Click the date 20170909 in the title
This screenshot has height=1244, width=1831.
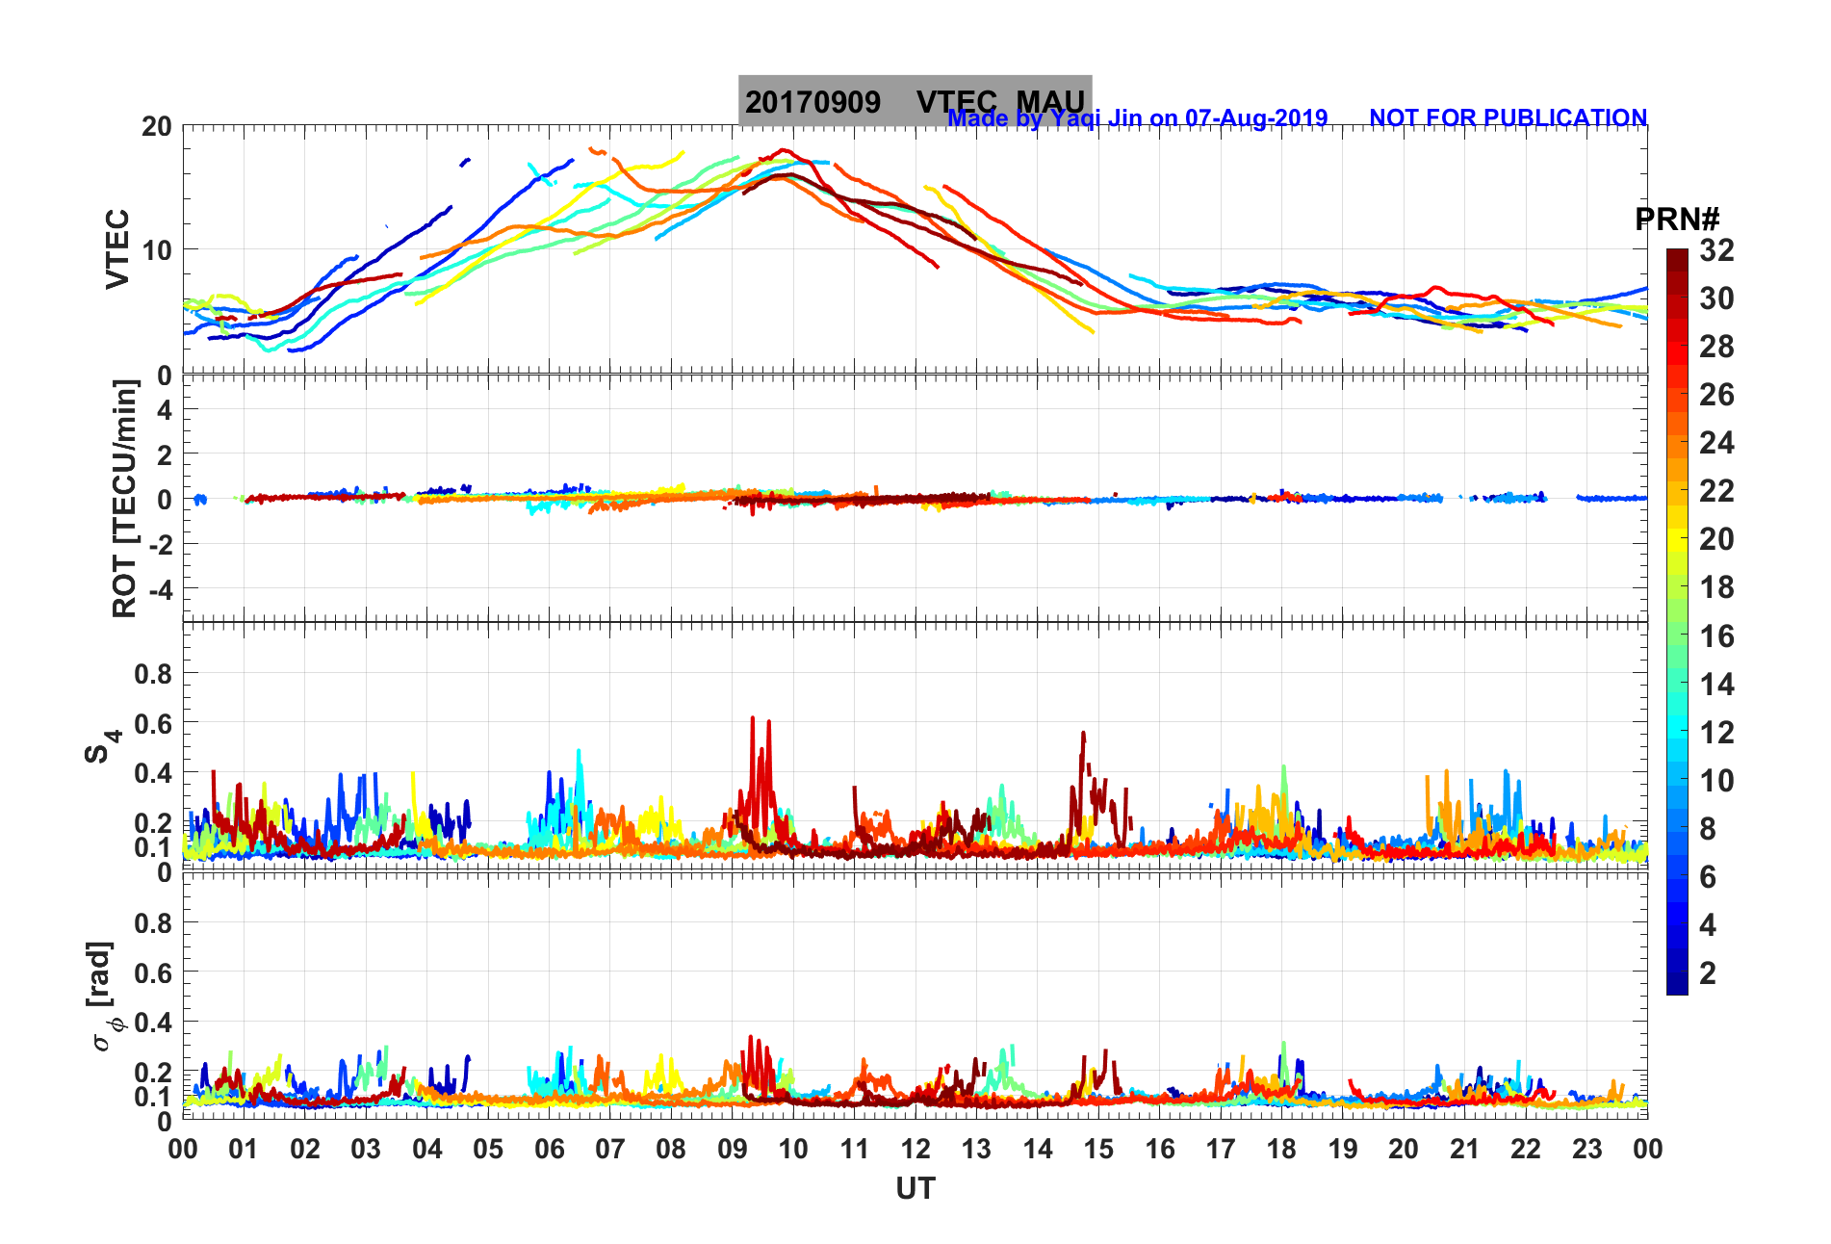coord(812,102)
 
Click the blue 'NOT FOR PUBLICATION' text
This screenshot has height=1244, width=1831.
coord(1508,117)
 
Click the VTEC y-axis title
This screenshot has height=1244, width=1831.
coord(117,248)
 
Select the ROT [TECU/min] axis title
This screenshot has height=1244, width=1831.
coord(124,498)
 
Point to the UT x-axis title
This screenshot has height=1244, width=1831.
coord(915,1189)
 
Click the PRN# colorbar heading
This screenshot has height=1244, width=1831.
coord(1677,220)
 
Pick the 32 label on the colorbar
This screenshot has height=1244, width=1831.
coord(1716,250)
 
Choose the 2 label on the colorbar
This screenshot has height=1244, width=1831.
coord(1708,972)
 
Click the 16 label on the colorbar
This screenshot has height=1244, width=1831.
coord(1716,635)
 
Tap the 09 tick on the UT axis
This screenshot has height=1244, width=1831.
coord(733,1149)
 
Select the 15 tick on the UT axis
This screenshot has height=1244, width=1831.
coord(1098,1149)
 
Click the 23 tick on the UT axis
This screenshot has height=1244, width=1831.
coord(1586,1149)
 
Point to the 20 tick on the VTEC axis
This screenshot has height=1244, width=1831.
coord(157,126)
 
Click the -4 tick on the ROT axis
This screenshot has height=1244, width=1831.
coord(161,588)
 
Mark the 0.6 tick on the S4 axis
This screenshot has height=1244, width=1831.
coord(153,723)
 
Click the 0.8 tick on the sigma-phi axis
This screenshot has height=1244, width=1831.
coord(153,922)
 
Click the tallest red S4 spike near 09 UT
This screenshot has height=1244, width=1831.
coord(753,718)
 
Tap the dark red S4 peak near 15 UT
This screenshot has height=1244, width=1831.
coord(1083,734)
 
